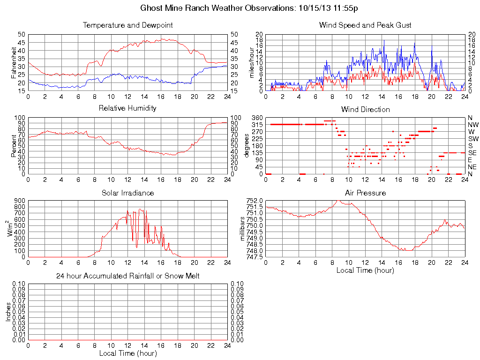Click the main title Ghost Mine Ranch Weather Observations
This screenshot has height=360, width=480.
pyautogui.click(x=250, y=8)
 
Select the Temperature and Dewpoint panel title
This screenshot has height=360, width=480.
pyautogui.click(x=127, y=25)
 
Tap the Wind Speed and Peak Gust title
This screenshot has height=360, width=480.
pyautogui.click(x=365, y=25)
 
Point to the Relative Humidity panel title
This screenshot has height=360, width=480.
pyautogui.click(x=127, y=108)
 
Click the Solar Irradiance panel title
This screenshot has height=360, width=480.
pyautogui.click(x=127, y=193)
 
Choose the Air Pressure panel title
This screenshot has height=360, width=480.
pyautogui.click(x=365, y=193)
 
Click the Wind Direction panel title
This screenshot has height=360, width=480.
pyautogui.click(x=365, y=109)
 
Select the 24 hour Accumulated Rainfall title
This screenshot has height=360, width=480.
pyautogui.click(x=127, y=276)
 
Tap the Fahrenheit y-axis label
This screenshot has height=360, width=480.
pyautogui.click(x=14, y=62)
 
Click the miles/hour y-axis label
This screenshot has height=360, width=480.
pyautogui.click(x=252, y=62)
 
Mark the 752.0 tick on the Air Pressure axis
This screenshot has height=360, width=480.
pyautogui.click(x=255, y=200)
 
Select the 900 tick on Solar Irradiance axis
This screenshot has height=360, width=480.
pyautogui.click(x=20, y=201)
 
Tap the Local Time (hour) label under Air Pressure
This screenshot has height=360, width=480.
pyautogui.click(x=365, y=270)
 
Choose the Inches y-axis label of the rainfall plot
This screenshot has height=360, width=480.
pyautogui.click(x=8, y=312)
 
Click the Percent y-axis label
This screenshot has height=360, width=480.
pyautogui.click(x=14, y=146)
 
